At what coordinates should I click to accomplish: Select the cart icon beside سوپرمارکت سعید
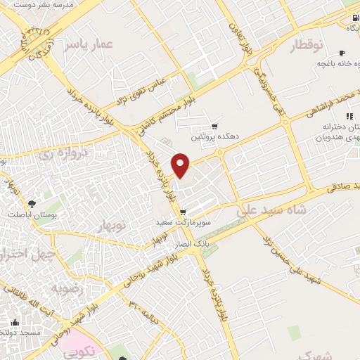click(x=183, y=212)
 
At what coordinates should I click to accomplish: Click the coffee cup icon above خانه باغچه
click(x=342, y=53)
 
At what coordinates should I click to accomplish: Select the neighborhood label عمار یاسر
click(x=88, y=46)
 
